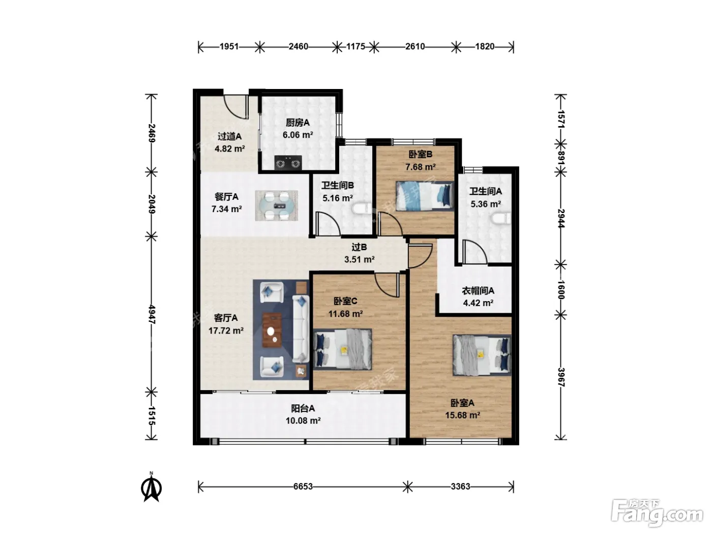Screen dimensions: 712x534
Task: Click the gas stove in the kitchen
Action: tap(288, 162)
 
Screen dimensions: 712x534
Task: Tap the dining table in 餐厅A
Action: tap(276, 205)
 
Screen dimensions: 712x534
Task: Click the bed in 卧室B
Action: tap(425, 196)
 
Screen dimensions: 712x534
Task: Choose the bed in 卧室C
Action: tap(343, 349)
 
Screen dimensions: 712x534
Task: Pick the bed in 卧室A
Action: tap(482, 355)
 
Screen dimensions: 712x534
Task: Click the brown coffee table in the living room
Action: tap(272, 330)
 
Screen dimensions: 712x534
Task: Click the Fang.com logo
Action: tap(657, 514)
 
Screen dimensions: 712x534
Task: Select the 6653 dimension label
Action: tap(303, 486)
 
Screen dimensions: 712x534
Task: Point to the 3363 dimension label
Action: tap(460, 486)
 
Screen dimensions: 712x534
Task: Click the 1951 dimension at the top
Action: tap(229, 47)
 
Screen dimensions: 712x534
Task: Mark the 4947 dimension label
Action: tap(152, 314)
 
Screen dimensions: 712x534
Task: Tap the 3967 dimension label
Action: tap(561, 377)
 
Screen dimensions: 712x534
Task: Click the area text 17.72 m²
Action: tap(226, 331)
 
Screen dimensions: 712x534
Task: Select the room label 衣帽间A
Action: tap(478, 291)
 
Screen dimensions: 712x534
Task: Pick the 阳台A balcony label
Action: tap(303, 408)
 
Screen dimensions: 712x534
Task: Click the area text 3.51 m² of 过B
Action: tap(360, 259)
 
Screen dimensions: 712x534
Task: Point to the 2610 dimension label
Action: tap(415, 47)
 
